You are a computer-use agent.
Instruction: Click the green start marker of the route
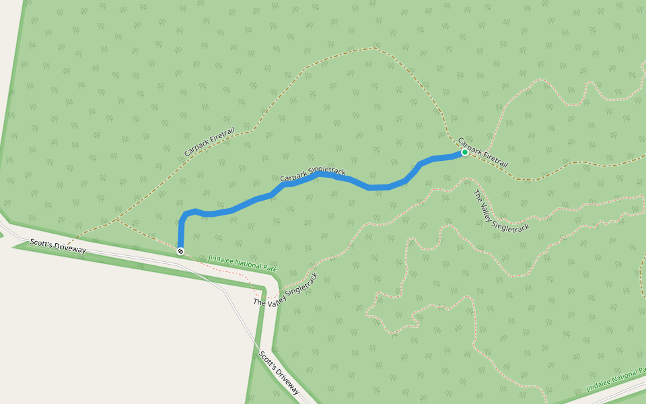point(464,152)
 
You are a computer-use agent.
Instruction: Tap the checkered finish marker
point(180,251)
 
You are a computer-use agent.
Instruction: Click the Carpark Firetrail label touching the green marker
point(482,153)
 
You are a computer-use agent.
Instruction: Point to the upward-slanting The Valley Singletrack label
point(285,290)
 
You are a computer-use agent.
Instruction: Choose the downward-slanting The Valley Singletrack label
point(501,211)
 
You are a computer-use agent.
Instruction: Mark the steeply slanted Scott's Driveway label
point(279,372)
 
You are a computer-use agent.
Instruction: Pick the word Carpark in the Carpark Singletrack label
point(293,177)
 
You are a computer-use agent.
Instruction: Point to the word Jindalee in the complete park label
point(221,258)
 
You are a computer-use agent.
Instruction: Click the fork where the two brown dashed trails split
point(116,220)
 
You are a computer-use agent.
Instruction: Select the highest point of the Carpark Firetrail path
point(371,48)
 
